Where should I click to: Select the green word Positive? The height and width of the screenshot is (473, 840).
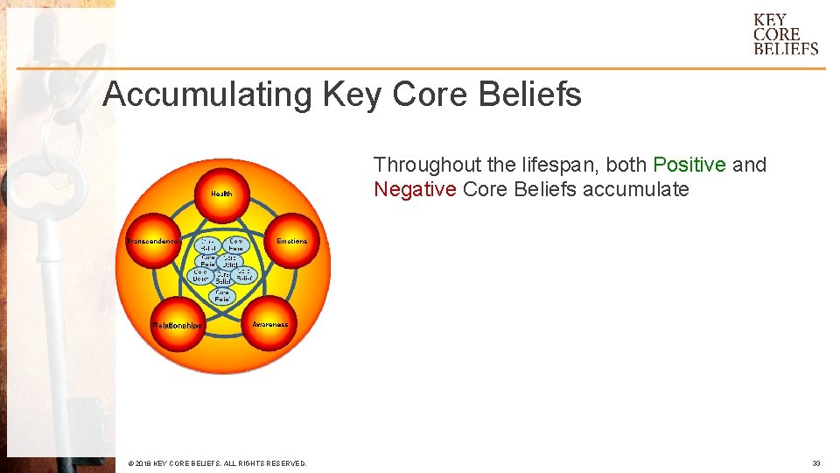[689, 165]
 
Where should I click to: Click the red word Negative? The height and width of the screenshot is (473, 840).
[415, 189]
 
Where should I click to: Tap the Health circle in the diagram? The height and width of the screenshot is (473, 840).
[221, 193]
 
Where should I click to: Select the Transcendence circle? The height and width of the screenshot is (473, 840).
[153, 241]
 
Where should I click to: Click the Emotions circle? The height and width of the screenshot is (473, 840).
[291, 241]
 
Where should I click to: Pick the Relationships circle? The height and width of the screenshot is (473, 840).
[178, 325]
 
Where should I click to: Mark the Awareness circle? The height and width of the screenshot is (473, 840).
[269, 324]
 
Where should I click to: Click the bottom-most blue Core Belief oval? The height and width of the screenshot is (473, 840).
[222, 296]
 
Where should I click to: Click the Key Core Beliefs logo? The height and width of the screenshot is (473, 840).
[785, 34]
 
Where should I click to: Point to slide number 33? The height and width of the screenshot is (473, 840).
[815, 463]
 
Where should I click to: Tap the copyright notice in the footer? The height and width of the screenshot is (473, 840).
[217, 463]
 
